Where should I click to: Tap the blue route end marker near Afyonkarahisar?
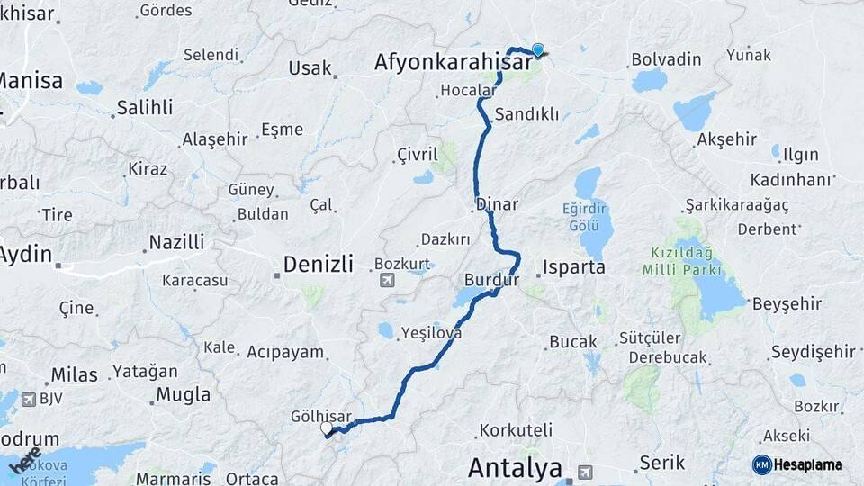pos(538,50)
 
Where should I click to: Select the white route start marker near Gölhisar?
pos(327,428)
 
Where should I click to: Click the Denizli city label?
pos(319,264)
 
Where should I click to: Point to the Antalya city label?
pos(516,468)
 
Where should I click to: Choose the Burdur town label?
pos(492,279)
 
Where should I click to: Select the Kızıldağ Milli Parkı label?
pos(682,262)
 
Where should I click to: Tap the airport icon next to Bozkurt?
pos(388,280)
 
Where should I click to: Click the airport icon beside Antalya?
pos(586,471)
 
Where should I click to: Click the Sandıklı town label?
pos(527,114)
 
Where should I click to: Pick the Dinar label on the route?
pos(497,204)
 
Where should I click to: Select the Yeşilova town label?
pos(432,332)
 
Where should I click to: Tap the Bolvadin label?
pos(666,59)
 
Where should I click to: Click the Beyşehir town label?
pos(787,302)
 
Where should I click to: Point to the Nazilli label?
pos(176,242)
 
